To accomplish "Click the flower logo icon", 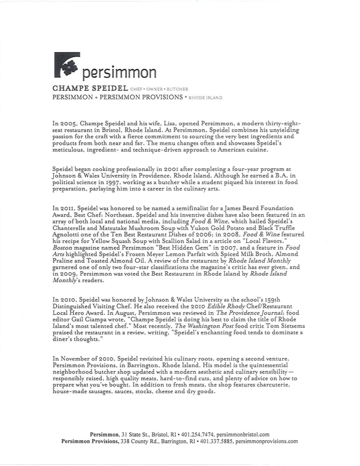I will pos(67,65).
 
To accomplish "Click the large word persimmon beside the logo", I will pos(119,73).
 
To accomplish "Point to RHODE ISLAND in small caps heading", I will pos(206,98).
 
